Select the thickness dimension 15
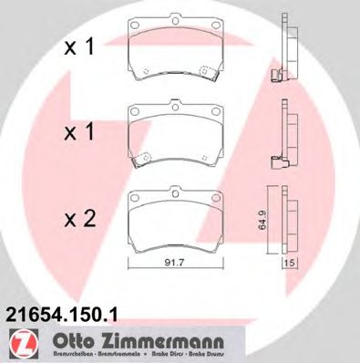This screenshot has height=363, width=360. [x=291, y=264]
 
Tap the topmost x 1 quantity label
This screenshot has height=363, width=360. [x=77, y=49]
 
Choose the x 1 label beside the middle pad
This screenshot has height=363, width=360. [x=77, y=133]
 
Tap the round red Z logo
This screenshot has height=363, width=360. [x=19, y=344]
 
